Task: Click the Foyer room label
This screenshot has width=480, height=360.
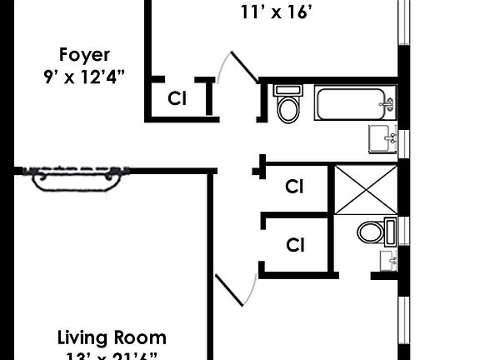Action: (84, 55)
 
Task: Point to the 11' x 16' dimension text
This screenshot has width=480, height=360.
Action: (277, 12)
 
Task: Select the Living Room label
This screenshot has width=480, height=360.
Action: (112, 337)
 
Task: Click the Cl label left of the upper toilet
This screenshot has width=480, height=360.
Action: (177, 98)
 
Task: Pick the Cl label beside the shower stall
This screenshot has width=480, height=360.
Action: (294, 187)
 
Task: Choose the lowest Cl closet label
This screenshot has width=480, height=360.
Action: (294, 245)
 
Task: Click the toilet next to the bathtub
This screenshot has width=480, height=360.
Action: (287, 105)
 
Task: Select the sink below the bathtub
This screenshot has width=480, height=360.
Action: (382, 139)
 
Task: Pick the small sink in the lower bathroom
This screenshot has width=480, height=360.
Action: (388, 262)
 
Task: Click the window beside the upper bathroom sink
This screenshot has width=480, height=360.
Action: (404, 142)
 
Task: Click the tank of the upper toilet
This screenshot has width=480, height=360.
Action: (287, 89)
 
